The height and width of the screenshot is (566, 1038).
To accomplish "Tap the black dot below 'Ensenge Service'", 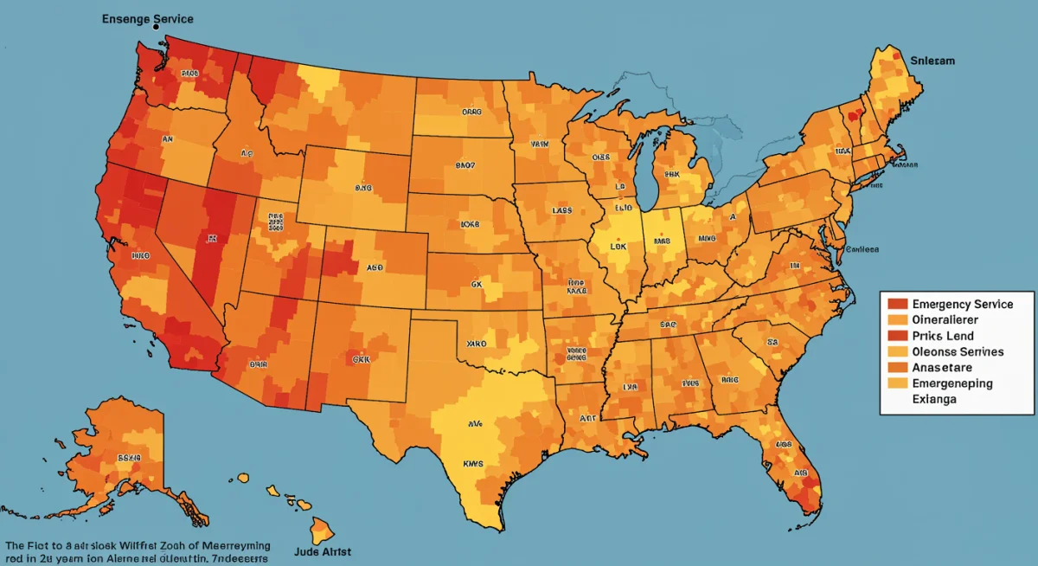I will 157,29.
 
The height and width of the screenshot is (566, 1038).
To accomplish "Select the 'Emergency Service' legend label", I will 961,304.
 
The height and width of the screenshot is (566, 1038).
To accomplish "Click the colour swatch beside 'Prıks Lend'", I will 897,336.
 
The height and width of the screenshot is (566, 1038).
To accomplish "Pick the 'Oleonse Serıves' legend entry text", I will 958,351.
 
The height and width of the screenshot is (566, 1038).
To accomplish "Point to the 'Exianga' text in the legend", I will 940,400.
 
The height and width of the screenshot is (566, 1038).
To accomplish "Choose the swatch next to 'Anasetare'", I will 897,368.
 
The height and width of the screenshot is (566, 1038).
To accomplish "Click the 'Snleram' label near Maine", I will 933,61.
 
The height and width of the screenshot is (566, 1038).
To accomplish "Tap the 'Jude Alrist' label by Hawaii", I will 323,550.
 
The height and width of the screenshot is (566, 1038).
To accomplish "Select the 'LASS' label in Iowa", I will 561,210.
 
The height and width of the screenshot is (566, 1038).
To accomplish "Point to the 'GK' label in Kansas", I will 477,282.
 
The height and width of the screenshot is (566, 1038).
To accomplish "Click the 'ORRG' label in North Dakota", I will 471,113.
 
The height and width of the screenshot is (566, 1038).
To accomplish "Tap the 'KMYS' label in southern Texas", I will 473,464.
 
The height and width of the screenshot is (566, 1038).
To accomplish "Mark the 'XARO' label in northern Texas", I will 477,344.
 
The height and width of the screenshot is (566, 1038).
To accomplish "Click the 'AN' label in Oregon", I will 166,138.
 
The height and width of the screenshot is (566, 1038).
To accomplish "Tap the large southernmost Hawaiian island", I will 324,529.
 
